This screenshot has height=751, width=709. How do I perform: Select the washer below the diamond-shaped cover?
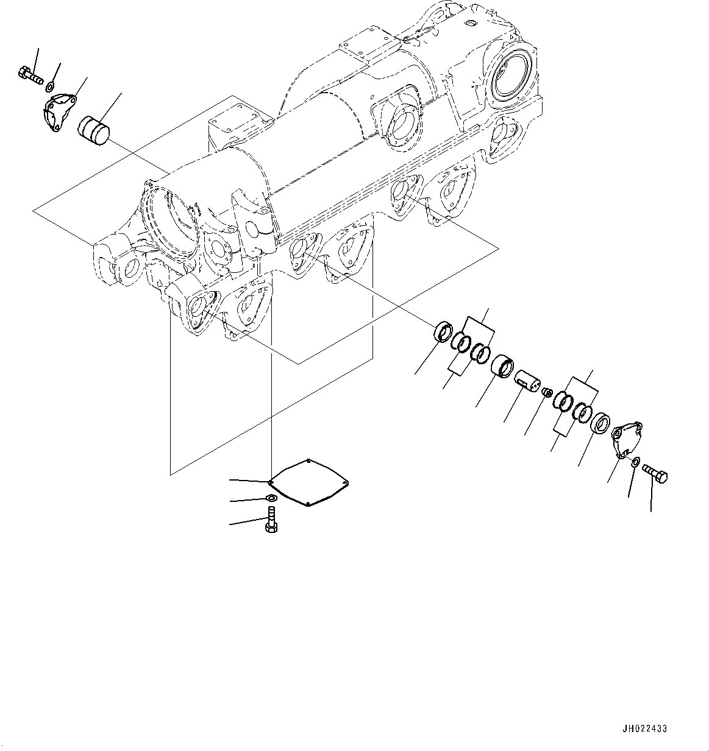271,499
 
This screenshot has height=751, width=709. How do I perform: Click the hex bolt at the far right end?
656,474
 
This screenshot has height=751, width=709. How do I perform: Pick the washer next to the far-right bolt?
635,463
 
